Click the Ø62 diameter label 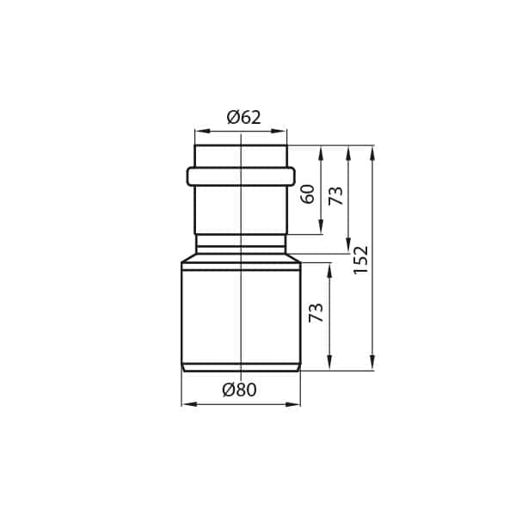click(244, 118)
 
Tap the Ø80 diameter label click(240, 390)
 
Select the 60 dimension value click(308, 194)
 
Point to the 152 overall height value click(360, 260)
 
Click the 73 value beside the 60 click(335, 196)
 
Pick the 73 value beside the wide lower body click(316, 313)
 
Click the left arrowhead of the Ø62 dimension click(202, 131)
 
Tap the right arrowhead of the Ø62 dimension click(279, 131)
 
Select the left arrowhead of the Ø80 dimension click(189, 404)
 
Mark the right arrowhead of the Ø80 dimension click(293, 404)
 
